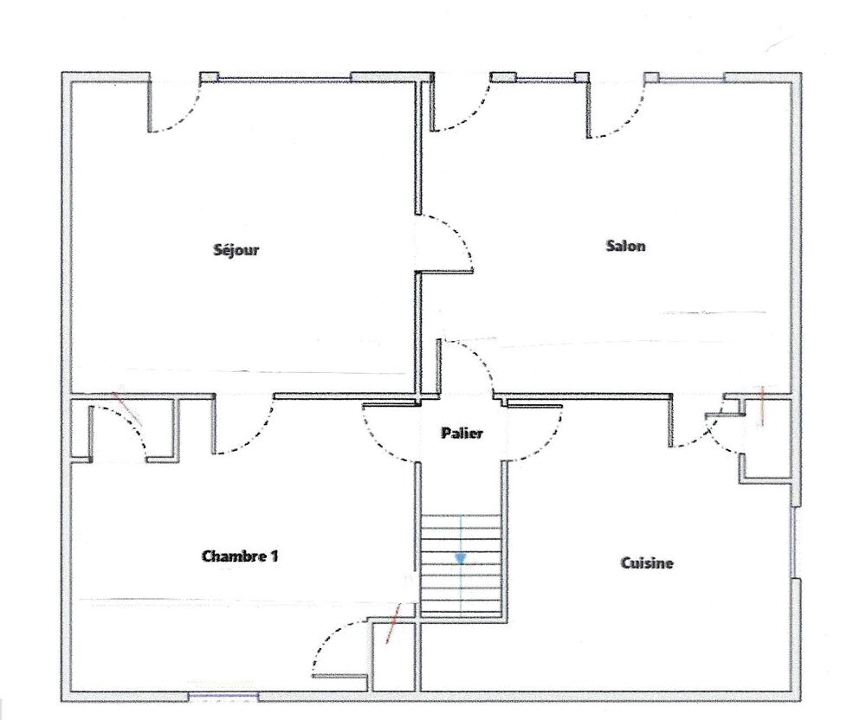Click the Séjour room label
(236, 250)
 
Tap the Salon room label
(625, 246)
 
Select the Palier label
(462, 433)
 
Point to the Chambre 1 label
(240, 556)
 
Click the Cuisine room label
(647, 562)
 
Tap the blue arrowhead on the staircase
(461, 559)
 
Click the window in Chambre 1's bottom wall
(223, 697)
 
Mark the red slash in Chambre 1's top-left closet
(126, 408)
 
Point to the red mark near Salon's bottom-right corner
(762, 407)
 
